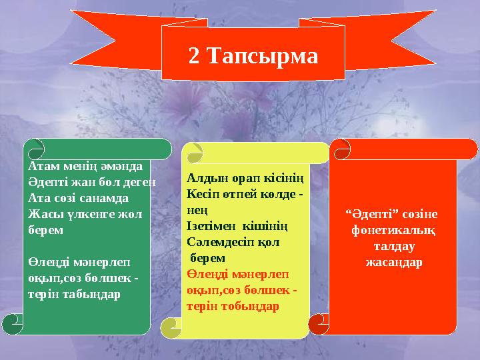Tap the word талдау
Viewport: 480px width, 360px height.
[393, 246]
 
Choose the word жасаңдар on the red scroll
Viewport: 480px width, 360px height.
[393, 262]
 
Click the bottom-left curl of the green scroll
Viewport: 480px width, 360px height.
[12, 323]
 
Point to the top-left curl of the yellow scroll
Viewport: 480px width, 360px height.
[195, 152]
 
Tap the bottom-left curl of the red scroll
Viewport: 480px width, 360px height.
[319, 323]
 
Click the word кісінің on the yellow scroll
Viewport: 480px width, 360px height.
[286, 179]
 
